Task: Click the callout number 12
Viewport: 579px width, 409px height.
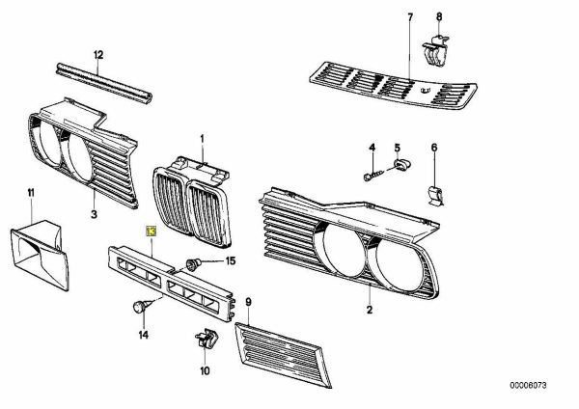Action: (x=96, y=55)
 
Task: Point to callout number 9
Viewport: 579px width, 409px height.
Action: (x=248, y=301)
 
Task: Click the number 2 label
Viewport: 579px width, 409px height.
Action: (x=369, y=310)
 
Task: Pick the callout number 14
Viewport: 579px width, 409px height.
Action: (x=143, y=336)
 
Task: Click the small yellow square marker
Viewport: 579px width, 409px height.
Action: (x=150, y=232)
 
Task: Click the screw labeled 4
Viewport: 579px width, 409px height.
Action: (x=372, y=176)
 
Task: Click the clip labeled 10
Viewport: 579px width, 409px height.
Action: (x=205, y=339)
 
